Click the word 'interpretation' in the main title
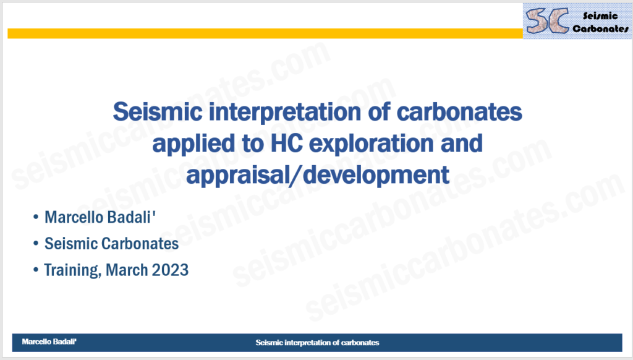[285, 113]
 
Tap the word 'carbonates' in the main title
[459, 112]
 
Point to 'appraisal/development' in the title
[317, 175]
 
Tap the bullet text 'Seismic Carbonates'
[111, 244]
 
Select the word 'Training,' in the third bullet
[73, 270]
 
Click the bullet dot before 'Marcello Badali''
[36, 217]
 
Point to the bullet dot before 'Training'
[36, 270]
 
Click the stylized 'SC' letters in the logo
[547, 20]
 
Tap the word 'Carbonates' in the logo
[600, 28]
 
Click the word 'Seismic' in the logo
[600, 15]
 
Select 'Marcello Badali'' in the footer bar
[49, 342]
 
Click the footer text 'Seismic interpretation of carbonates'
[317, 343]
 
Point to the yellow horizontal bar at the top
[265, 33]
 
